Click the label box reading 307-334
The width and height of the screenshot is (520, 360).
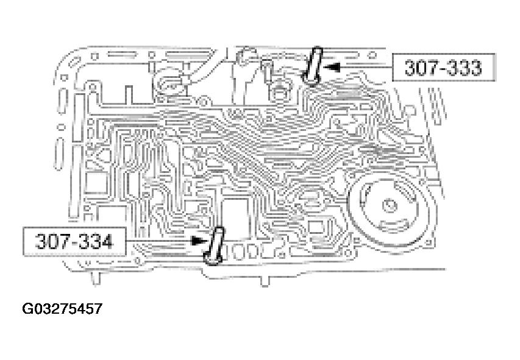(74, 242)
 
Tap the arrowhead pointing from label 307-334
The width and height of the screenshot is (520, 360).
(197, 241)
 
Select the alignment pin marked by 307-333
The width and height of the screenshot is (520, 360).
(314, 66)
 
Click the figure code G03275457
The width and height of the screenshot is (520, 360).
(63, 309)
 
